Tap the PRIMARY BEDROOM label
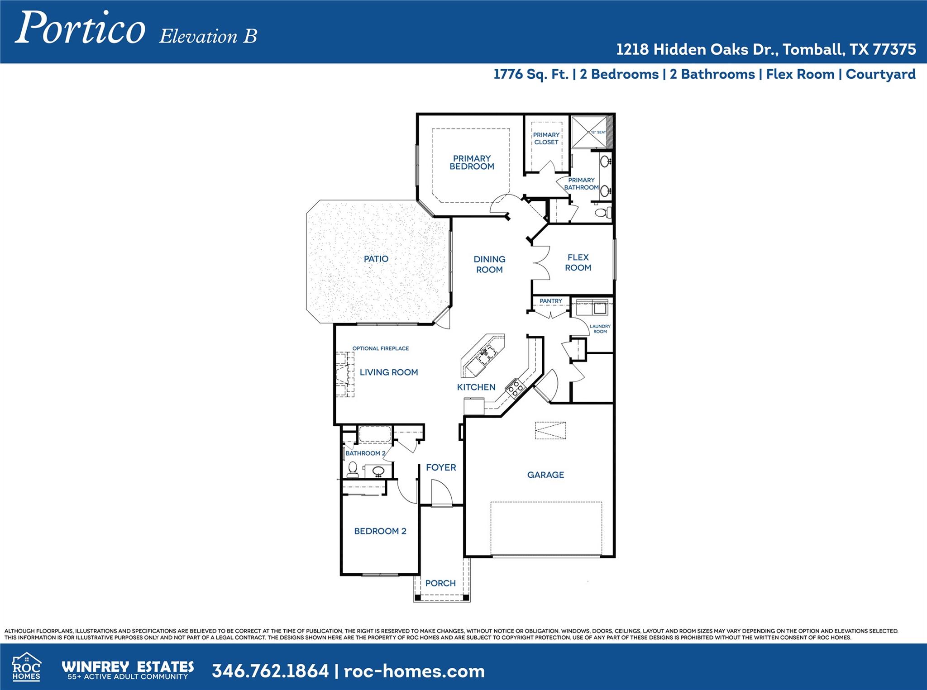point(472,162)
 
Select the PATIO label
point(376,259)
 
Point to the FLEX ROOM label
point(578,262)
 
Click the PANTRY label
point(550,301)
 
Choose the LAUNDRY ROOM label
point(600,329)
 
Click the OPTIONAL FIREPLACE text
point(380,348)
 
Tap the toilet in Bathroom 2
point(353,470)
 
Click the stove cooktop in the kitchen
point(515,388)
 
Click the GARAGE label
point(545,475)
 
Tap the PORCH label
point(440,583)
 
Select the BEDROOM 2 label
point(380,531)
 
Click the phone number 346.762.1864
point(270,671)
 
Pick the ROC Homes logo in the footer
point(26,667)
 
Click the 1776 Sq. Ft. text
point(530,74)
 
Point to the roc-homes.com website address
point(414,671)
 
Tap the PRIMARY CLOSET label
point(546,138)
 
